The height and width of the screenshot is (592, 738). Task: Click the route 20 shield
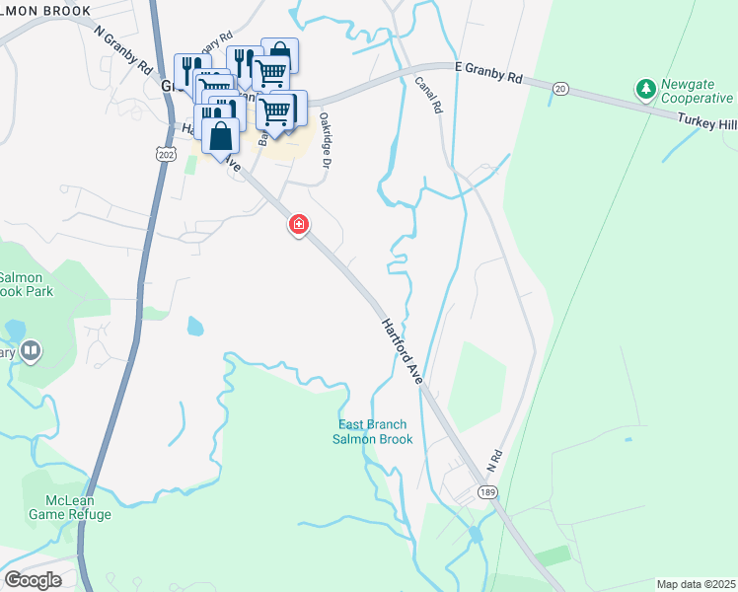(560, 89)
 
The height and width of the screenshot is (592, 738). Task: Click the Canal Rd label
(426, 94)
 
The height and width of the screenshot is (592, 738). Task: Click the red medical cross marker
(298, 225)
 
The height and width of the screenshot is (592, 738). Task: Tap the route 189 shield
(485, 491)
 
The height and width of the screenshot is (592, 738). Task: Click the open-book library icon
(31, 350)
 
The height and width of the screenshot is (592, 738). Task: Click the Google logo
(33, 579)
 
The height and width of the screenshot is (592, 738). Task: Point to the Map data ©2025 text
(695, 584)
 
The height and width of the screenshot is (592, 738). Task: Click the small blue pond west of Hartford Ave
(194, 326)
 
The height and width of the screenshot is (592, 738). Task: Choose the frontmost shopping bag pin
(221, 136)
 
